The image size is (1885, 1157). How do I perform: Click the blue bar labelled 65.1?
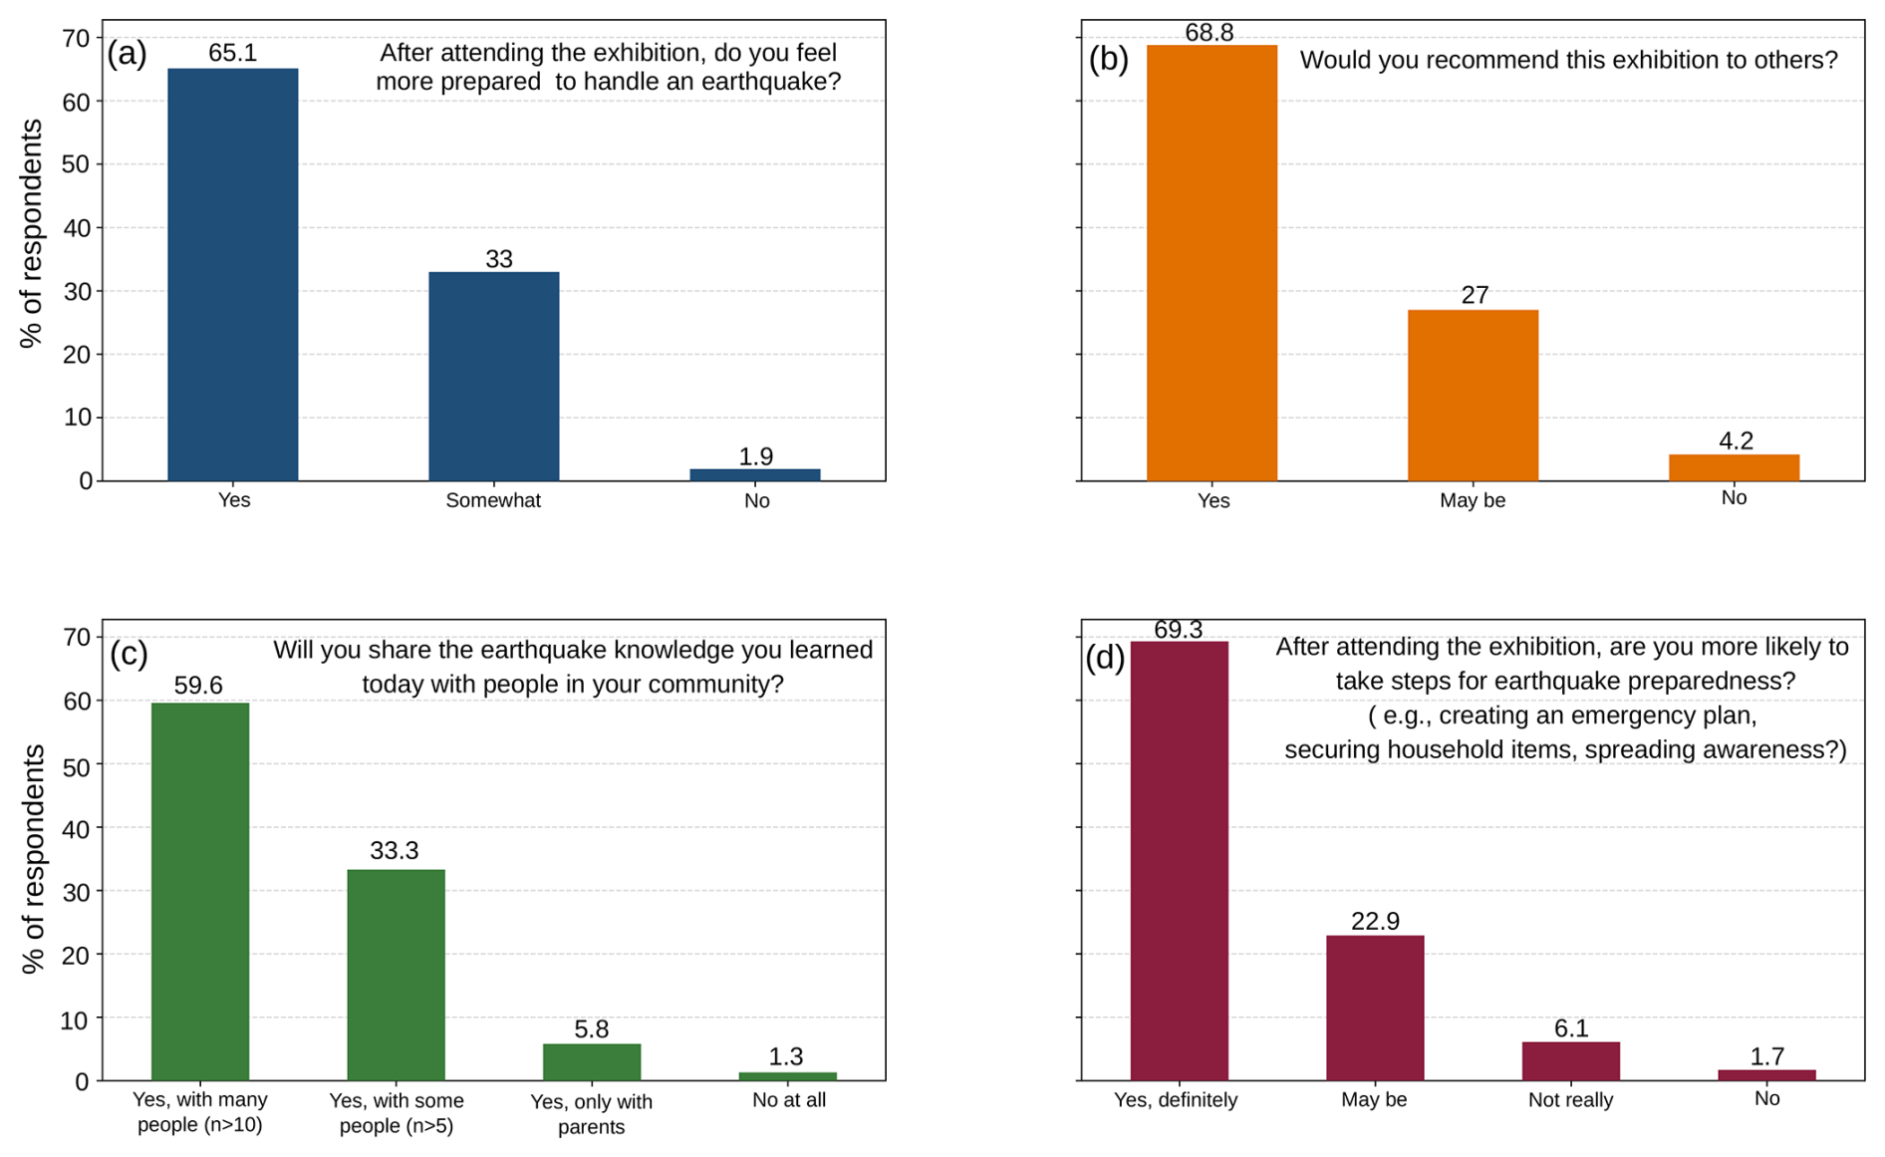click(x=232, y=274)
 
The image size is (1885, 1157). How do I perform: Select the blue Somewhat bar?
click(x=493, y=376)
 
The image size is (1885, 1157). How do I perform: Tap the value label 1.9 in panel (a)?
click(x=755, y=456)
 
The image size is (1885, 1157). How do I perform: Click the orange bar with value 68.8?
click(x=1212, y=263)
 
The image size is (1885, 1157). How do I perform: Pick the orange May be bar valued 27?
click(x=1473, y=396)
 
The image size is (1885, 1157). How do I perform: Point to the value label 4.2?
click(x=1736, y=440)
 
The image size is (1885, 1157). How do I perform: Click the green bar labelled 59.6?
click(x=199, y=892)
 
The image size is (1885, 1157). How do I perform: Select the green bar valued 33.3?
click(x=396, y=975)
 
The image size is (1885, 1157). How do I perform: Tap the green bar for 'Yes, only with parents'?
click(x=591, y=1062)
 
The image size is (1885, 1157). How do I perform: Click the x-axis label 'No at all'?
click(x=788, y=1100)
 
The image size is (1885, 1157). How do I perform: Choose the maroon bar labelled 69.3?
click(x=1179, y=861)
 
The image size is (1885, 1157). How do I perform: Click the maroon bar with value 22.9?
click(x=1375, y=1008)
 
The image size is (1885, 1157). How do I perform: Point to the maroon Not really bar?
click(x=1570, y=1061)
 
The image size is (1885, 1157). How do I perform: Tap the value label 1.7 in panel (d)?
click(x=1766, y=1056)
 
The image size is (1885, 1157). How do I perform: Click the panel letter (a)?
click(x=127, y=54)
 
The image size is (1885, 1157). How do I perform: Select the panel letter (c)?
click(x=129, y=654)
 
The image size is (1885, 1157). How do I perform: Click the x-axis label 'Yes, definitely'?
click(x=1176, y=1100)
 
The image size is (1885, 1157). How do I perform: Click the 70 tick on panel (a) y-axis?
click(x=77, y=38)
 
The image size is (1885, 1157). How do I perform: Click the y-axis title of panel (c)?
click(x=33, y=858)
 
